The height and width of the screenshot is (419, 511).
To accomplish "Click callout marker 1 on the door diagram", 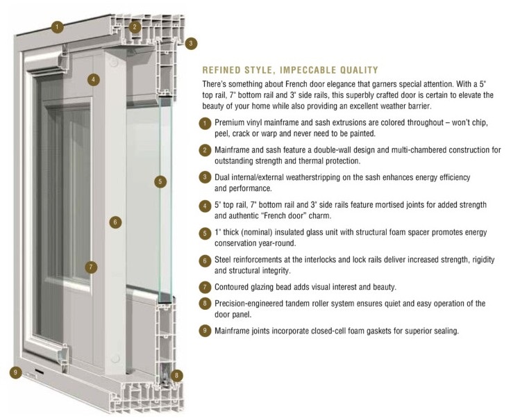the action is pyautogui.click(x=58, y=26).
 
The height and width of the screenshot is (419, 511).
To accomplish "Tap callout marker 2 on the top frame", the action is pyautogui.click(x=135, y=27).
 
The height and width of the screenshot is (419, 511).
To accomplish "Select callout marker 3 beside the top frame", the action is pyautogui.click(x=191, y=43).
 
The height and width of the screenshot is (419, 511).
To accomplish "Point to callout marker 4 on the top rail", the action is pyautogui.click(x=94, y=80).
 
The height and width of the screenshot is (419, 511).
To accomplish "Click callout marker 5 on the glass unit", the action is pyautogui.click(x=160, y=181).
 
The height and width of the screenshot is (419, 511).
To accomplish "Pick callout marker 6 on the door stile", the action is pyautogui.click(x=115, y=223).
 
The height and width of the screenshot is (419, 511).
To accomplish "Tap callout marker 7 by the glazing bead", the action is pyautogui.click(x=91, y=268).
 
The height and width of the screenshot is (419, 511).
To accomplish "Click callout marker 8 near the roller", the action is pyautogui.click(x=176, y=376).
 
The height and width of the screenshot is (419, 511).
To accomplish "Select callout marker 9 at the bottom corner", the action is pyautogui.click(x=15, y=372).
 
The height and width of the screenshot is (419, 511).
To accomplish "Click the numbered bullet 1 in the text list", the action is pyautogui.click(x=205, y=124).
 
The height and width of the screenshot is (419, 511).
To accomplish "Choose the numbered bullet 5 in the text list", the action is pyautogui.click(x=205, y=233).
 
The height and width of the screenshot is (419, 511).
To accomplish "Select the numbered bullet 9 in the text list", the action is pyautogui.click(x=205, y=330).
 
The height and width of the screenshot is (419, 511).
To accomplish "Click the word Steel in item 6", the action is pyautogui.click(x=223, y=260).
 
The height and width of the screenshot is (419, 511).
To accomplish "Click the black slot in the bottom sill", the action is pyautogui.click(x=39, y=372).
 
